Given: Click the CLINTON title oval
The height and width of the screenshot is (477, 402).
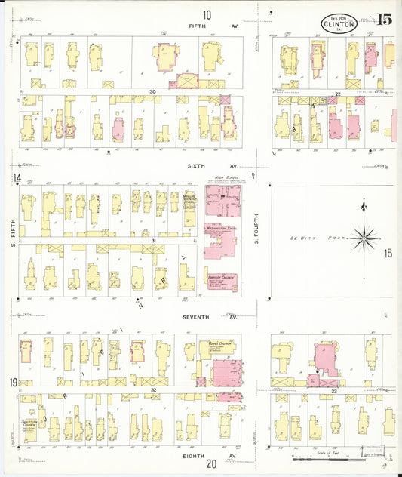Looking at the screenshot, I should click(339, 23).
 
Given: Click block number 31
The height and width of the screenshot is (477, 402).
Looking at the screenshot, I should click(153, 241).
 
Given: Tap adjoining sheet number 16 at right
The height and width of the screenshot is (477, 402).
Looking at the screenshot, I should click(388, 253).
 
